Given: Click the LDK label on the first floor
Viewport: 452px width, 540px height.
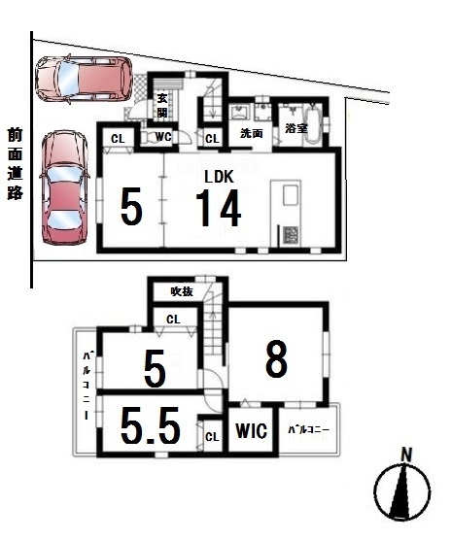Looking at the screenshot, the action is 219,177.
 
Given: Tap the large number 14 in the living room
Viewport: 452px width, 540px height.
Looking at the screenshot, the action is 219,208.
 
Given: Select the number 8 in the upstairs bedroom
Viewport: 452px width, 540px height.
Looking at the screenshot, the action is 276,358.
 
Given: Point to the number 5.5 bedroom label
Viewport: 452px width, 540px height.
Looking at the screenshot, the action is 151,425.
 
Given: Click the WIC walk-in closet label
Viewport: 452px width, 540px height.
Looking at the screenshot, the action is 251,430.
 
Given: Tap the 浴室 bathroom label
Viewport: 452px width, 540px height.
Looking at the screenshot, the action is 296,128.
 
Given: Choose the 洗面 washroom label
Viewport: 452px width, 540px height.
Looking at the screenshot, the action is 252,133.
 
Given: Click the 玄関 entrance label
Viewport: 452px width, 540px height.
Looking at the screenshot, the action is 162,106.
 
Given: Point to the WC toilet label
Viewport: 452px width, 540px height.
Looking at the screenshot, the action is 163,137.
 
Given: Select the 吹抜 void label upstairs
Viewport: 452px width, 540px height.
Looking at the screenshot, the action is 182,291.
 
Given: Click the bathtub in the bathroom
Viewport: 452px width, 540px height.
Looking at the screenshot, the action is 313,124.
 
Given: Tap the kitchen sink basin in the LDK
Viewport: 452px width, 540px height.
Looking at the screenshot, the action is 291,194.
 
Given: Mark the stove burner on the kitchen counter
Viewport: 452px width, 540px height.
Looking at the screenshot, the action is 291,236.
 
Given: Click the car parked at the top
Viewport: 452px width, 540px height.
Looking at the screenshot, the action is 85,79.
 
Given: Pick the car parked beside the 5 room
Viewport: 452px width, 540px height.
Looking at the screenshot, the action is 65,187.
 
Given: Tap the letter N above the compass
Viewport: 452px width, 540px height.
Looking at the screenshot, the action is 406,456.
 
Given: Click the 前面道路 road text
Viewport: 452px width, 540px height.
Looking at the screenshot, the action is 16,163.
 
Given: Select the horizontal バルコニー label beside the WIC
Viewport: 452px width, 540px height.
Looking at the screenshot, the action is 309,429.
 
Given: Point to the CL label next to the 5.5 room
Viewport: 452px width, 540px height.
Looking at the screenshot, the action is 212,437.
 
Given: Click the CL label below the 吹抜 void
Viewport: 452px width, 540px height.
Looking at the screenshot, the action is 173,320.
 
